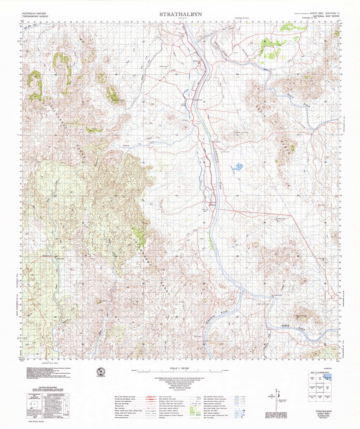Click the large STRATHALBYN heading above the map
tap(180, 14)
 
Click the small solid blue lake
tap(238, 167)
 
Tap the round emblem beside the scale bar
tap(101, 372)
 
